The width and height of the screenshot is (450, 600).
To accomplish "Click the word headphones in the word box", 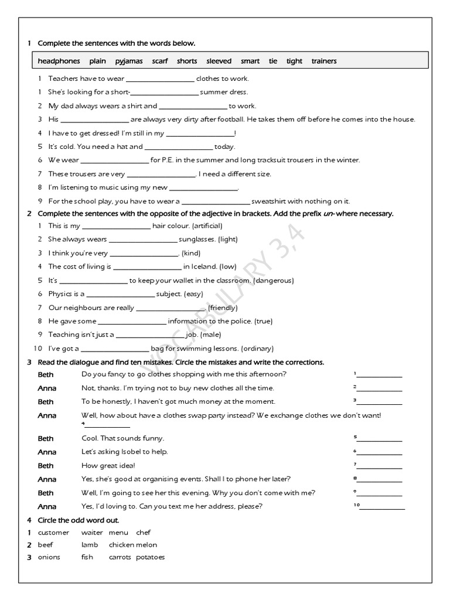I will point(59,61).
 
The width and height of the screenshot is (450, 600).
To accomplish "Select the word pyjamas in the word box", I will point(129,61).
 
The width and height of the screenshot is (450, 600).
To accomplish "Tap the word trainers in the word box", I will point(324,61).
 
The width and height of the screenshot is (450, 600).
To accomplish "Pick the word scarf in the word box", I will point(160,61).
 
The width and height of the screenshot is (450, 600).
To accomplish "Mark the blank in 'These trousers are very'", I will point(161,175).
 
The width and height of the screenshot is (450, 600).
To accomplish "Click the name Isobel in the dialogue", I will point(126,452).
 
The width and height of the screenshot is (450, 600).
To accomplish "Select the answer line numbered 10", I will point(381,507).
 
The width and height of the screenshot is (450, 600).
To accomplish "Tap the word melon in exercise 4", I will point(148,545).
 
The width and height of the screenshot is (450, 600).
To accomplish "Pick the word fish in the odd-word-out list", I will point(87,557).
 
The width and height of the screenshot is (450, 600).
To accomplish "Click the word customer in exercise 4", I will point(53,533).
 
